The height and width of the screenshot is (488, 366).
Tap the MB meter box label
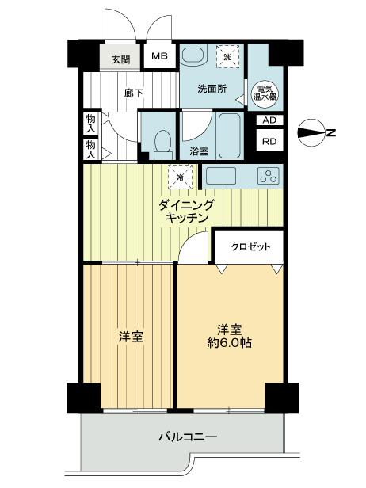tap(160, 56)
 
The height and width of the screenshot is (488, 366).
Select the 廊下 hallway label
tap(133, 92)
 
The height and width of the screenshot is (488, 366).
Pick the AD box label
tap(269, 120)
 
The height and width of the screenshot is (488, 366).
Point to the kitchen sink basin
tap(222, 176)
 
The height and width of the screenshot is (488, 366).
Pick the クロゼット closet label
tap(251, 246)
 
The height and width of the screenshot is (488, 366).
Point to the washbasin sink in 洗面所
tap(193, 60)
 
